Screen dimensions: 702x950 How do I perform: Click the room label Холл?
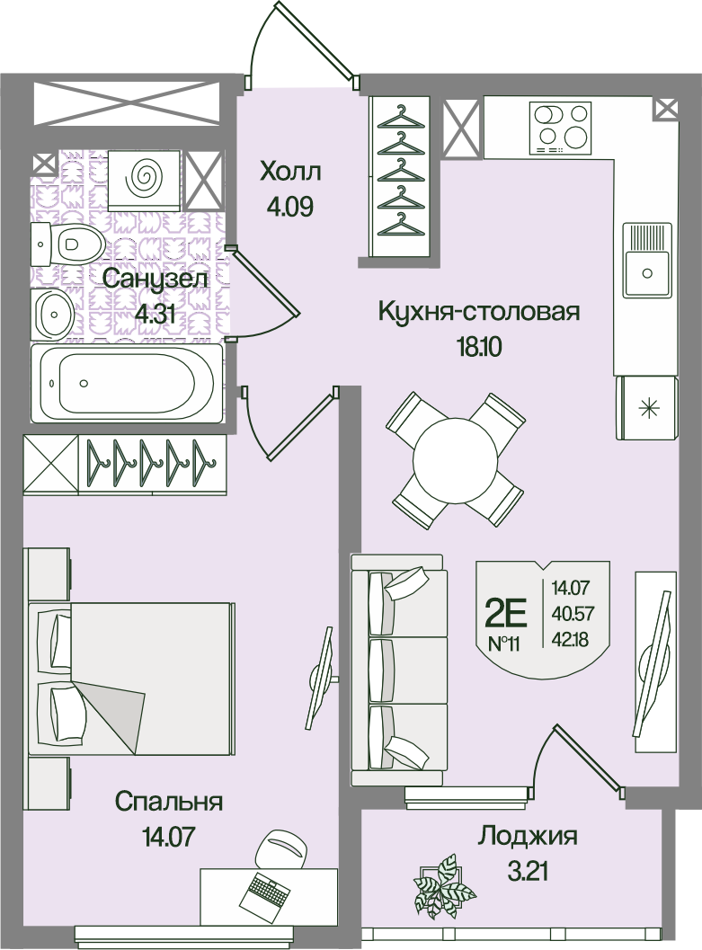(290, 172)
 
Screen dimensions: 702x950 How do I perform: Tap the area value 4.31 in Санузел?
(156, 315)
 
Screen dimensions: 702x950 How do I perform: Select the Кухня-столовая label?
(478, 312)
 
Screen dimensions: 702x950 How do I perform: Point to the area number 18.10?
(478, 347)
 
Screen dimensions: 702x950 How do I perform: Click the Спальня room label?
(169, 802)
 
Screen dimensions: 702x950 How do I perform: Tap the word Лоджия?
(527, 837)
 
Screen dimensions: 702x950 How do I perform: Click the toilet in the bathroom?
(67, 244)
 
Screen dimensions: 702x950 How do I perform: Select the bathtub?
(127, 383)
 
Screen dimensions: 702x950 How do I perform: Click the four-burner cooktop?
(560, 129)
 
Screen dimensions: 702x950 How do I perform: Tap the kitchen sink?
(647, 261)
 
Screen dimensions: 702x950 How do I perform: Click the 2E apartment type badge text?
(506, 615)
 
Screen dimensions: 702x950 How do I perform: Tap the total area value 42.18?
(570, 639)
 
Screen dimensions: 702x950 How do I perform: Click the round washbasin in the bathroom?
(53, 314)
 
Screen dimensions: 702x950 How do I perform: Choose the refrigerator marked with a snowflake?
(647, 408)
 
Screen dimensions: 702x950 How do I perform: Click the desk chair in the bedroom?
(279, 850)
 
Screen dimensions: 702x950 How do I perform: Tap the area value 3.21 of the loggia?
(527, 873)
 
